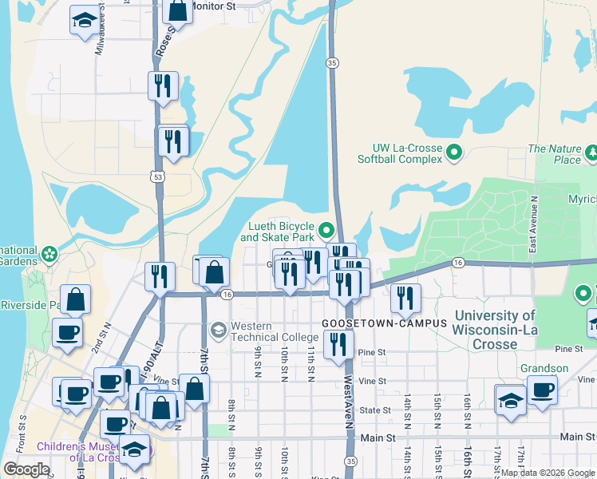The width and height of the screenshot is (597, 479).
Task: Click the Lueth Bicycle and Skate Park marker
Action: click(326, 232)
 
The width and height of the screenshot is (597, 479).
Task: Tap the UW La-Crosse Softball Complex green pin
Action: click(454, 151)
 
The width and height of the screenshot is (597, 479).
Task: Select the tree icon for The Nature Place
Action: click(591, 152)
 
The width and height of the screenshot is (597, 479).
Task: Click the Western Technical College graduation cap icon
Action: click(218, 330)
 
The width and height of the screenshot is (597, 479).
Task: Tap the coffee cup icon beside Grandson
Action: click(543, 390)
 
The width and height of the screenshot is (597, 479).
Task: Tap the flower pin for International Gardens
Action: click(49, 254)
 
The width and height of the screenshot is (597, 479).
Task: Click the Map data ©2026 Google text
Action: click(548, 472)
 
